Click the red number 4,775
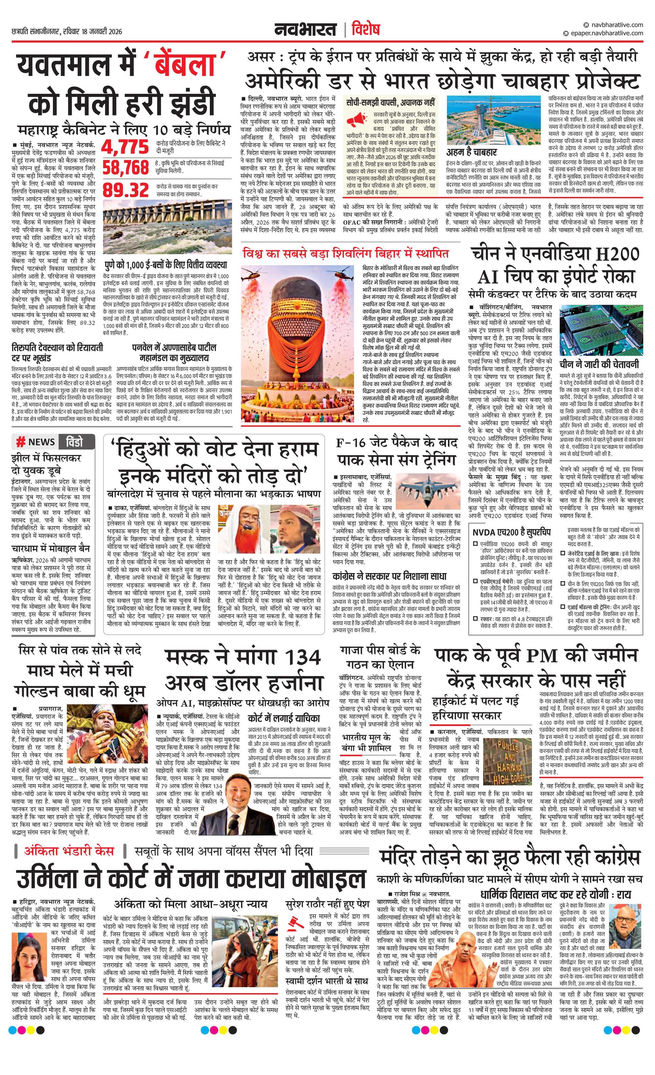[125, 147]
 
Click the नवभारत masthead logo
[305, 30]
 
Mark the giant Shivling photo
[301, 341]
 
